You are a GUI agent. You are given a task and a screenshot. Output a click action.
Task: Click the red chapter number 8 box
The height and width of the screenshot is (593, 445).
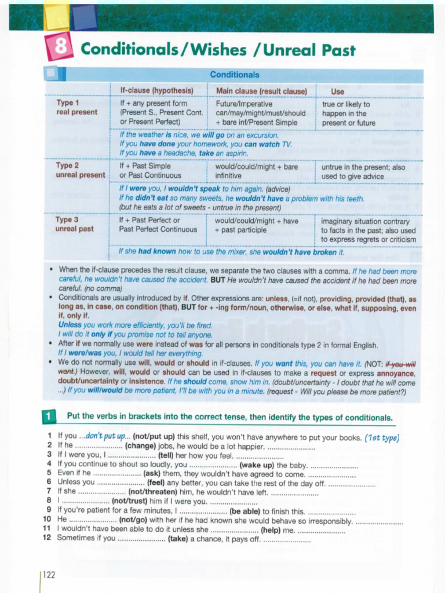pyautogui.click(x=60, y=47)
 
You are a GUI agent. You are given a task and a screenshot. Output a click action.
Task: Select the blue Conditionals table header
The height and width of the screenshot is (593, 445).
pyautogui.click(x=234, y=75)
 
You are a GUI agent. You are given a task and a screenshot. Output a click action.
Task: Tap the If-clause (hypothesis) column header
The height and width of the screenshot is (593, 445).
pyautogui.click(x=156, y=91)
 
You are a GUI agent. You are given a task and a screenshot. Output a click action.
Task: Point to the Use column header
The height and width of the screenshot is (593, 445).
pyautogui.click(x=337, y=91)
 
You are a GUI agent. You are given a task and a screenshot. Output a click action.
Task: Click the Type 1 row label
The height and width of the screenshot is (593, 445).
pyautogui.click(x=68, y=103)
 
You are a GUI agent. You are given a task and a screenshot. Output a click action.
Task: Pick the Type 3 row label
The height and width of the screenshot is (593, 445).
pyautogui.click(x=68, y=219)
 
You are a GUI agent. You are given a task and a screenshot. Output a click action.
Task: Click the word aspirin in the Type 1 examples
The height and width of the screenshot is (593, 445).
pyautogui.click(x=235, y=153)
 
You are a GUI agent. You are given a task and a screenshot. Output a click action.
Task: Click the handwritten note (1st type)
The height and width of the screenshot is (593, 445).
pyautogui.click(x=382, y=437)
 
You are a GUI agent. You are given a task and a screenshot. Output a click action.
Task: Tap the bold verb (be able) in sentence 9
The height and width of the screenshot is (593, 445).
pyautogui.click(x=245, y=511)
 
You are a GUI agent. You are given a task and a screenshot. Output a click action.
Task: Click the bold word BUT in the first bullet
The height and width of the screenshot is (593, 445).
pyautogui.click(x=218, y=281)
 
